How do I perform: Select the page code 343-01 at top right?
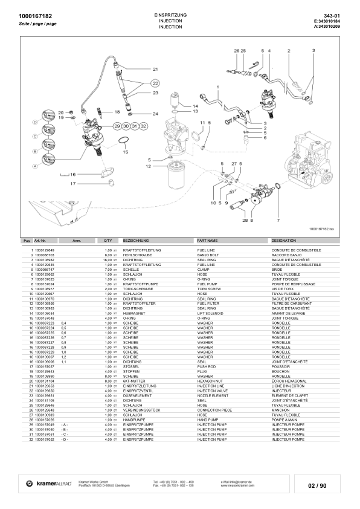(x=341, y=15)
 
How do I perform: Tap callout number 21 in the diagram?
(x=155, y=70)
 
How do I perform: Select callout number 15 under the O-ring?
(x=126, y=152)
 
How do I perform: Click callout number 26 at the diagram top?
(x=237, y=50)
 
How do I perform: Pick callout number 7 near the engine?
(x=278, y=213)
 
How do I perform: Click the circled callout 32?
(x=143, y=125)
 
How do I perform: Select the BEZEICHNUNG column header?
(x=136, y=241)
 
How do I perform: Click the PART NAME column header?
(x=207, y=241)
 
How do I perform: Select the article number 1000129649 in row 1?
(x=45, y=249)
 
